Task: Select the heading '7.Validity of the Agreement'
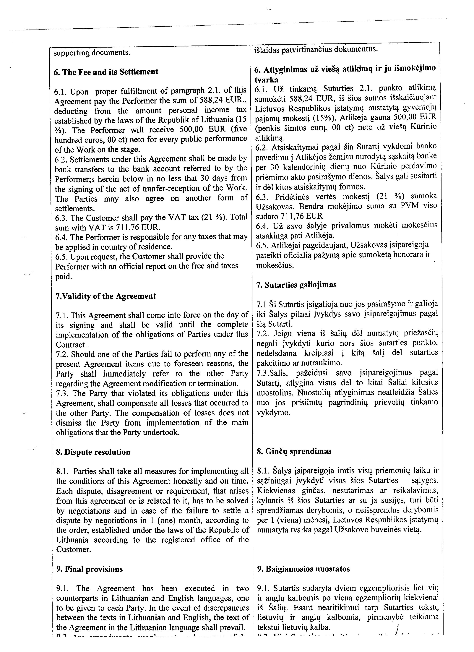tap(105, 296)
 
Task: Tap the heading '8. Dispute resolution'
tap(93, 452)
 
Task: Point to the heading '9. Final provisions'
tap(89, 569)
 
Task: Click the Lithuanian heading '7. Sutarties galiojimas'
tap(296, 285)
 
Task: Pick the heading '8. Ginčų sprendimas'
tap(294, 451)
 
